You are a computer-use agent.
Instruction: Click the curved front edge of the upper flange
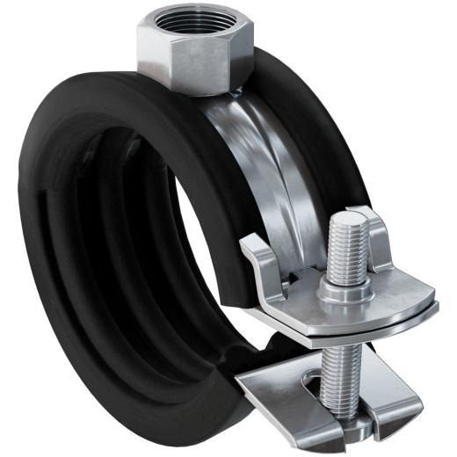[352, 326]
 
